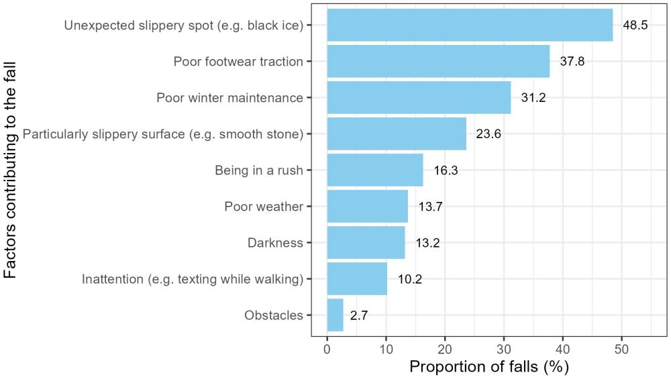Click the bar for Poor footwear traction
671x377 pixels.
tap(438, 62)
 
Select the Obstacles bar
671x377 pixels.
tap(335, 315)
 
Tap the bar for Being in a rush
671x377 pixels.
tap(375, 170)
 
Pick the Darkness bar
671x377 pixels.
tap(366, 243)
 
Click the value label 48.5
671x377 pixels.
tap(635, 25)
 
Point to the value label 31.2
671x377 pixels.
tap(533, 98)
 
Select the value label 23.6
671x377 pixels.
tap(488, 133)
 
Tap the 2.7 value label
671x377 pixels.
tap(359, 315)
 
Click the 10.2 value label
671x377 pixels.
tap(409, 278)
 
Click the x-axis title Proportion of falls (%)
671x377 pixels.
tap(488, 366)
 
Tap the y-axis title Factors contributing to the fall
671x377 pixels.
tap(11, 171)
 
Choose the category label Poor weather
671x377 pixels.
tap(264, 207)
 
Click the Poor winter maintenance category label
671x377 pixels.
tap(229, 98)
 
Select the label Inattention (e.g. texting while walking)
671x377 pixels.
tap(193, 279)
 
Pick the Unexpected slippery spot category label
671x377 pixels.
tap(184, 25)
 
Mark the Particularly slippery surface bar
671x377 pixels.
tap(397, 134)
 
